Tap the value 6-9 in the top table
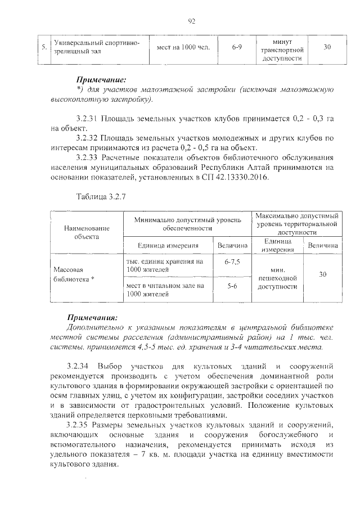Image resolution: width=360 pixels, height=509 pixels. pos(236,47)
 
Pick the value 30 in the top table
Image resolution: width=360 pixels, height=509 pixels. pos(327,47)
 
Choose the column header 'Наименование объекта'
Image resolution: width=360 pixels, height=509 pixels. pos(86,232)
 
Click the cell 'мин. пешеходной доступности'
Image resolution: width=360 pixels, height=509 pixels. pos(277,278)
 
